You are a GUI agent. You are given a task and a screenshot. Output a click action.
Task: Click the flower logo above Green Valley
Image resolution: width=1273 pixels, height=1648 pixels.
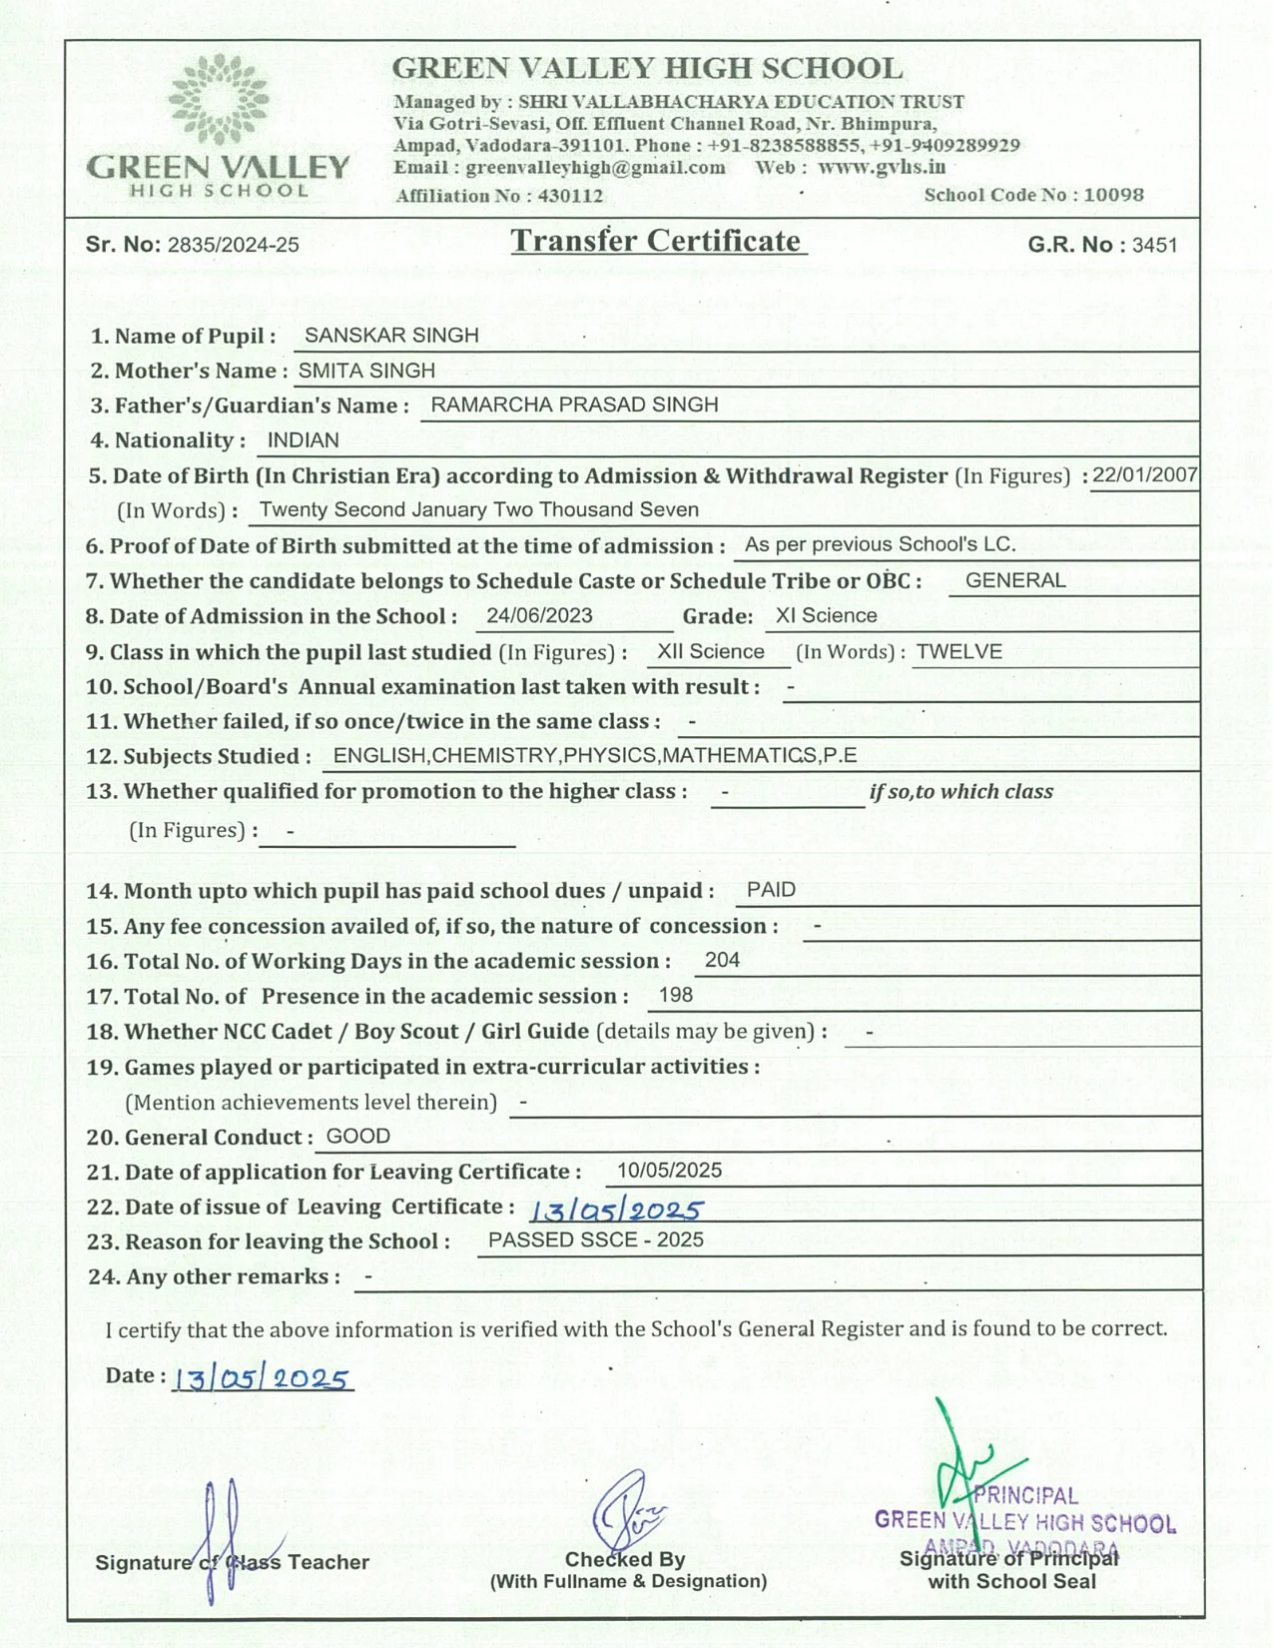tap(219, 100)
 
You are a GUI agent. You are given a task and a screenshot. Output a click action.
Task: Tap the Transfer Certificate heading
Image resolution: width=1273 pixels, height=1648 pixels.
tap(656, 241)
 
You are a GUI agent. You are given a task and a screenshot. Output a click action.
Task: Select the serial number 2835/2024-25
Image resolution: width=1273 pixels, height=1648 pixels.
tap(234, 246)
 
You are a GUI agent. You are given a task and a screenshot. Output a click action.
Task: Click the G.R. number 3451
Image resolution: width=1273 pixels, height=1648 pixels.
tap(1155, 246)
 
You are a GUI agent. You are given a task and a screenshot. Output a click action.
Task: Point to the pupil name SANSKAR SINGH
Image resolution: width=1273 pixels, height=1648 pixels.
tap(391, 336)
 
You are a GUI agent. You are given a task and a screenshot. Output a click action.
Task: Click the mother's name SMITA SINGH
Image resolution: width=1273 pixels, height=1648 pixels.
tap(366, 371)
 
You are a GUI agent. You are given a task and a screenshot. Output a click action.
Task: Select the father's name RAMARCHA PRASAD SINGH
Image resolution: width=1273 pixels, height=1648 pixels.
tap(574, 405)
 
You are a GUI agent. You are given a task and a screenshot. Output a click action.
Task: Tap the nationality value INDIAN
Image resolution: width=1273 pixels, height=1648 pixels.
tap(304, 440)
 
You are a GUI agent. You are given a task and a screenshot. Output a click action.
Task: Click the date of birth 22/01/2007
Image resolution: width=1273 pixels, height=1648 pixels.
tap(1144, 474)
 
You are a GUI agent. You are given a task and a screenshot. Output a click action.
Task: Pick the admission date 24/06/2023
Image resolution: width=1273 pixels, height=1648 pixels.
tap(539, 615)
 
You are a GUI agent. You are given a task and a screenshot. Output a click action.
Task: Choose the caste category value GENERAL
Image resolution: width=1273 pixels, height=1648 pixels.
tap(1015, 580)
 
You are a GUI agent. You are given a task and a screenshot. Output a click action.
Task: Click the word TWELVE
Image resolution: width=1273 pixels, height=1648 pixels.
tap(959, 651)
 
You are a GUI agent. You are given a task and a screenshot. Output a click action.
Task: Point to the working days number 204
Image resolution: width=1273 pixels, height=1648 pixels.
tap(722, 960)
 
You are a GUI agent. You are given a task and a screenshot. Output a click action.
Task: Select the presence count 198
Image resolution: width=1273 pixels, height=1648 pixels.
tap(676, 995)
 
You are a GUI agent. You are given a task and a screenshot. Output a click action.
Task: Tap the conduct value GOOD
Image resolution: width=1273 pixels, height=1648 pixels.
tap(358, 1136)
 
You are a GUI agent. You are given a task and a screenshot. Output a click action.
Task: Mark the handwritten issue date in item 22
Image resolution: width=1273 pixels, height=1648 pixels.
tap(616, 1211)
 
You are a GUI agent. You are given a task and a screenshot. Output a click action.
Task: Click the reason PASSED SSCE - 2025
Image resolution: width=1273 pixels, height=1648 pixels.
tap(595, 1239)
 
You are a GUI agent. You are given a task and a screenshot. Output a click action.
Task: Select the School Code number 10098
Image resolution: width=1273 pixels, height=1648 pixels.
tap(1113, 195)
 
